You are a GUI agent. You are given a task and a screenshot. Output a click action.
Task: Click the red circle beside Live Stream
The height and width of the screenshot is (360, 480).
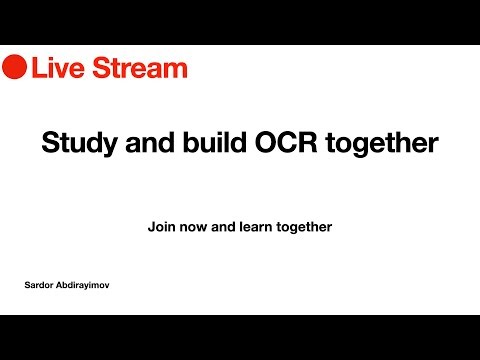14,68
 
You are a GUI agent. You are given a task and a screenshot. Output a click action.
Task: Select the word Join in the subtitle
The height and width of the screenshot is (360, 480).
161,227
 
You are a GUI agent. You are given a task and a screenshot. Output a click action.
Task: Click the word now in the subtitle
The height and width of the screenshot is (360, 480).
193,227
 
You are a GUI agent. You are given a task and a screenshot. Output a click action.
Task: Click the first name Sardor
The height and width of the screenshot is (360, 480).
41,285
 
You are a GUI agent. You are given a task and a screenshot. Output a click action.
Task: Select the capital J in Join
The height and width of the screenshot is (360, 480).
151,227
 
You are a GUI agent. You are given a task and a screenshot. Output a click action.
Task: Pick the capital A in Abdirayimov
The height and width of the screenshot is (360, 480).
62,285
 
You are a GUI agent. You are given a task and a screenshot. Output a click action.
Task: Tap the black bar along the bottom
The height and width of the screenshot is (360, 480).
240,337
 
